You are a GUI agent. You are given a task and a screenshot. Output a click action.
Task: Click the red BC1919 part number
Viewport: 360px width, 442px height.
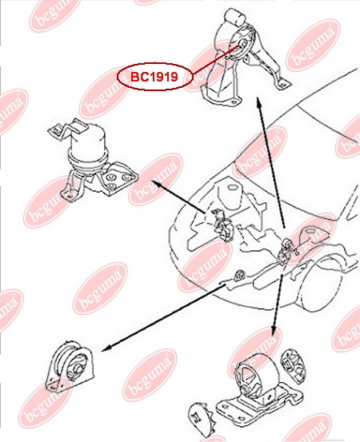point(154,77)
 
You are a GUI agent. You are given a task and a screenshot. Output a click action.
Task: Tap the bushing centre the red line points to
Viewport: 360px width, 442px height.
point(242,44)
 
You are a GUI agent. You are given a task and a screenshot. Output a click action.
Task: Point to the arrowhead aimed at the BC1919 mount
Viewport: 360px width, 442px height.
point(258,101)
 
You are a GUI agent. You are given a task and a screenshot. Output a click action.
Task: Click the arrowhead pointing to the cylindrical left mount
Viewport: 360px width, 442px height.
point(156,184)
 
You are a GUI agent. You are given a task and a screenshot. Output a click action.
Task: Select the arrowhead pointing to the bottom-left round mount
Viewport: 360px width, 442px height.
point(105,349)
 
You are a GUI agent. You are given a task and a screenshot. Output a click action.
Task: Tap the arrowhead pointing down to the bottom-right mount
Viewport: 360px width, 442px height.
point(273,332)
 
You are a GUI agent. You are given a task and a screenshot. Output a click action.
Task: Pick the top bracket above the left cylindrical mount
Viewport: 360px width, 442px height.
point(68,129)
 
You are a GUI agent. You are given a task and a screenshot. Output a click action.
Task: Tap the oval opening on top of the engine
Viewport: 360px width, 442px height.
point(232,187)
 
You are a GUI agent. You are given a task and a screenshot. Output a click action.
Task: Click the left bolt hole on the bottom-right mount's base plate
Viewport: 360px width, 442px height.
point(224,408)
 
